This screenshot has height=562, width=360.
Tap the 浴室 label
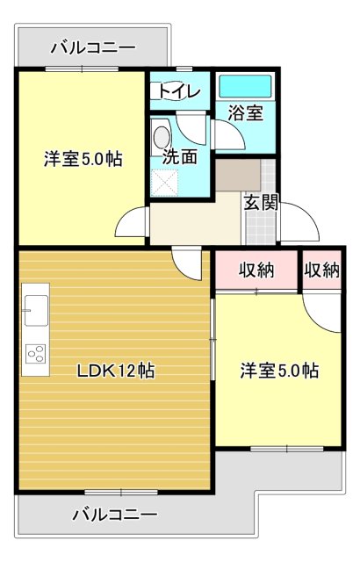246,112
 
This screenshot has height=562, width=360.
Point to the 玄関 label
261,202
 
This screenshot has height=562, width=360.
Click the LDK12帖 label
114,371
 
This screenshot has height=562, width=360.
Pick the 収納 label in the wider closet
256,270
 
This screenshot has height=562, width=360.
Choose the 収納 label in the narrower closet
322,270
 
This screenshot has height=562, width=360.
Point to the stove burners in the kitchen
36,353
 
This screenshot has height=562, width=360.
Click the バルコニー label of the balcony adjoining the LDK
114,514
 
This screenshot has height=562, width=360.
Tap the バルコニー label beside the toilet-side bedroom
92,47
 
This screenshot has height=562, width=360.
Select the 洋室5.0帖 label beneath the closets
280,371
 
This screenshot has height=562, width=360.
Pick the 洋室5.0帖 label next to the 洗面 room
83,160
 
